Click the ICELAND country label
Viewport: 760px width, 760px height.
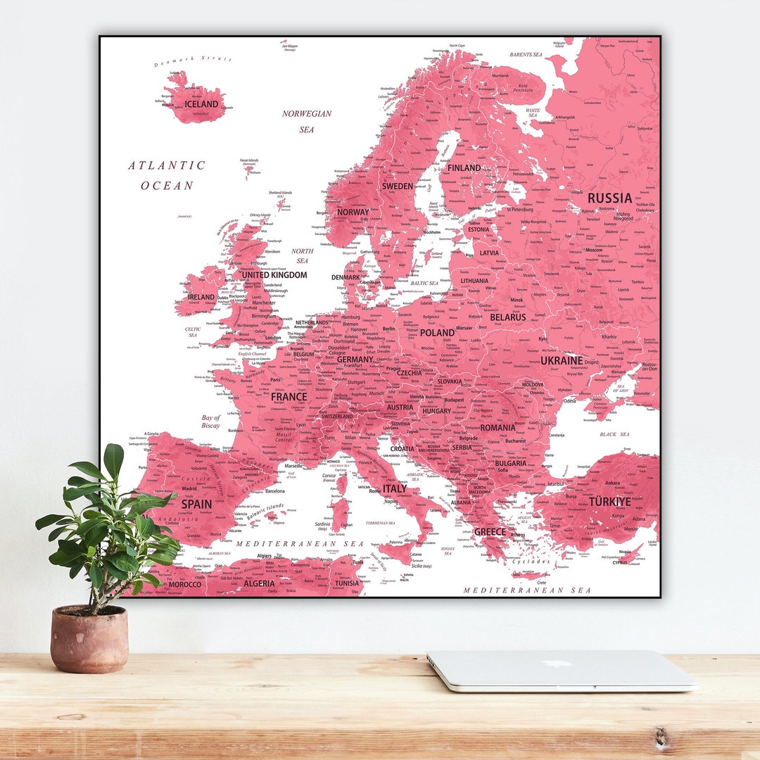(201, 104)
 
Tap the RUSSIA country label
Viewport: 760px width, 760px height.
(609, 198)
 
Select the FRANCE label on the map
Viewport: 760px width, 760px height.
(289, 397)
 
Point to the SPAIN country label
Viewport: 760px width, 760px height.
(196, 504)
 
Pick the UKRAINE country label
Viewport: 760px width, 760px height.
(562, 361)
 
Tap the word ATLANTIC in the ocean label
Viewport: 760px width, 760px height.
(167, 166)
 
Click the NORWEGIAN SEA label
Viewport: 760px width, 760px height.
(307, 121)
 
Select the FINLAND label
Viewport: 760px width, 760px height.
(464, 168)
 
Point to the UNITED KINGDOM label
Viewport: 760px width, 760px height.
(274, 275)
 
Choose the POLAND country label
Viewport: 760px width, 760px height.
(437, 333)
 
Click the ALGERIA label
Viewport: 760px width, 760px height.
(259, 584)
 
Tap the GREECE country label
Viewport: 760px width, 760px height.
(490, 532)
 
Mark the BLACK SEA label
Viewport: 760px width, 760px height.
(614, 434)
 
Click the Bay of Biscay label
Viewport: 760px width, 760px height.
(210, 422)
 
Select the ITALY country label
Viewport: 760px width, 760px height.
(394, 488)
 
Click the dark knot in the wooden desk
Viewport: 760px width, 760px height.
(659, 738)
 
